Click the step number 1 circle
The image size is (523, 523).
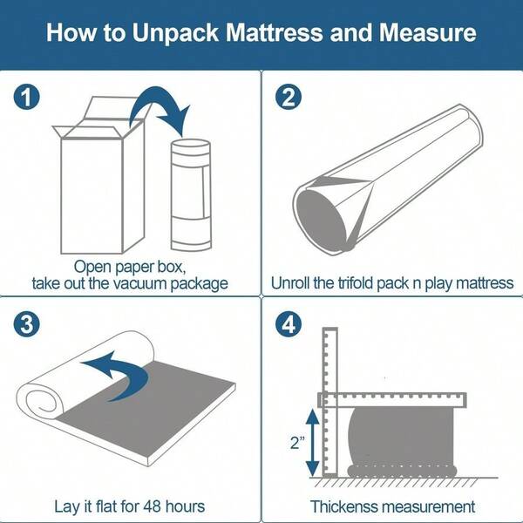(28, 98)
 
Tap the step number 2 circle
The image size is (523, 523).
(289, 98)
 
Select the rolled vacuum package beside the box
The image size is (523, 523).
(191, 192)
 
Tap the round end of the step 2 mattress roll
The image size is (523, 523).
(322, 214)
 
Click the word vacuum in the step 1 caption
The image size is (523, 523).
(132, 283)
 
